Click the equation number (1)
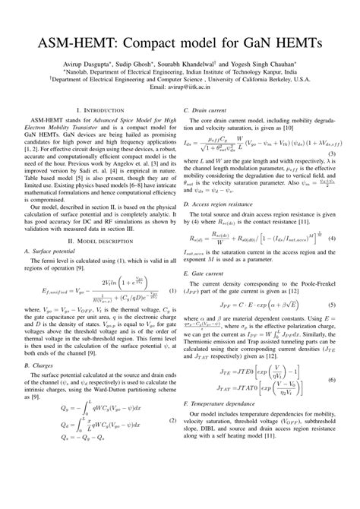coord(172,292)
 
